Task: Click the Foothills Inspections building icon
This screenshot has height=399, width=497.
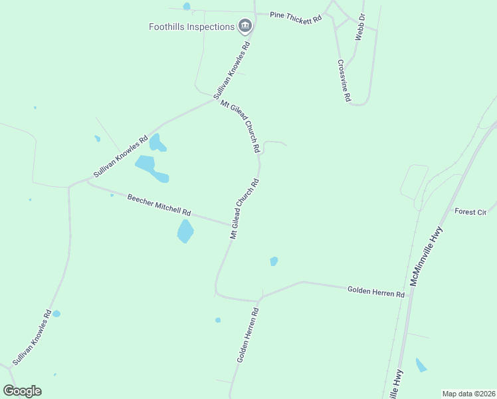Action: [245, 26]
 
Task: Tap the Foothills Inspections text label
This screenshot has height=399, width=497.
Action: [192, 27]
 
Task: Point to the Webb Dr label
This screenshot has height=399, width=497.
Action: [360, 27]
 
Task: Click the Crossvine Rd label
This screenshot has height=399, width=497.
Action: [344, 80]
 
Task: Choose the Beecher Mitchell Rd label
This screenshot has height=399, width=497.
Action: [159, 205]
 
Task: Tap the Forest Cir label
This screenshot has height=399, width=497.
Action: [470, 211]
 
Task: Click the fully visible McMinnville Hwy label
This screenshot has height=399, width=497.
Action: [426, 255]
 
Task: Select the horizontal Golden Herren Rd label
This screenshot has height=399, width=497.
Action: [375, 291]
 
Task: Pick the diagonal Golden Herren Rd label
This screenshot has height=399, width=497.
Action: [247, 334]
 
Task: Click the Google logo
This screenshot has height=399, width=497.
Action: [22, 391]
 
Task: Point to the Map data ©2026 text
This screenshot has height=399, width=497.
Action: [468, 394]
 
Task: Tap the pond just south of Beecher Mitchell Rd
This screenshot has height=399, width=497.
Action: [185, 231]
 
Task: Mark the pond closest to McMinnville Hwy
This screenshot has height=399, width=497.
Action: [421, 365]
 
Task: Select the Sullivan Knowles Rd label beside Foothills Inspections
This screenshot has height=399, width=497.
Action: [231, 71]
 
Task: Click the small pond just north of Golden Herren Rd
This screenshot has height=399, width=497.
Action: [274, 261]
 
